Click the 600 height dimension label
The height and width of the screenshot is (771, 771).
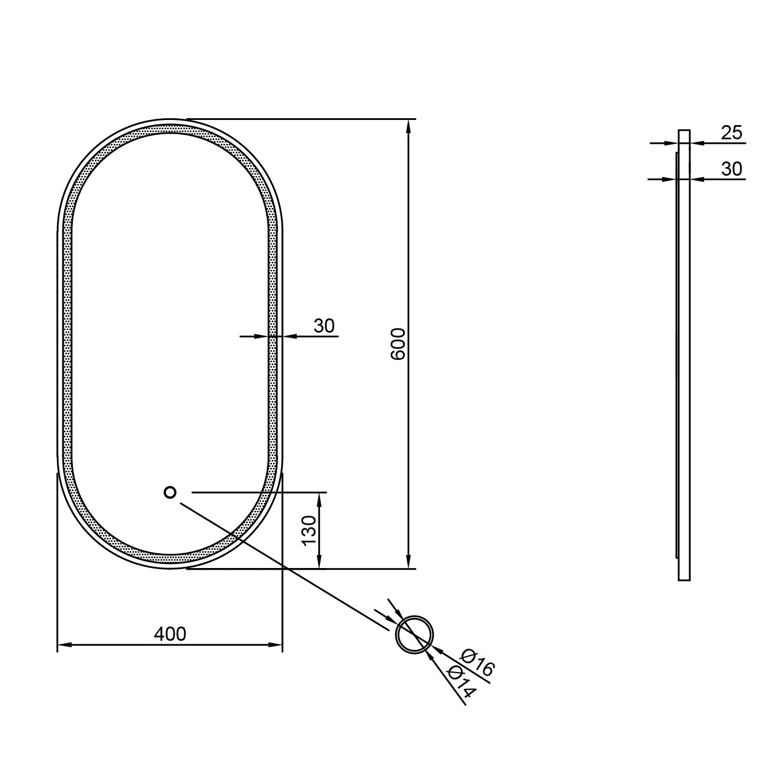pos(398,343)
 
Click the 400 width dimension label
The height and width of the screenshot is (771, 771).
pos(170,633)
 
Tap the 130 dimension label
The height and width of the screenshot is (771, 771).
pos(309,530)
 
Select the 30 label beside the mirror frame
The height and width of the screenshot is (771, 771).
pos(324,326)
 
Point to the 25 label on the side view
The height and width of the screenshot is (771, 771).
pos(732,132)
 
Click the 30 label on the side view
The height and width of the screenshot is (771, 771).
pos(732,169)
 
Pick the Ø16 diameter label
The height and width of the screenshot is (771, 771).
pos(478,662)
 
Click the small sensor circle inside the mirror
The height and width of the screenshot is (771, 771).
pos(170,492)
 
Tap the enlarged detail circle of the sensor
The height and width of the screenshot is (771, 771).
pos(415,634)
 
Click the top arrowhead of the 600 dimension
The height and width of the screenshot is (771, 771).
pos(408,126)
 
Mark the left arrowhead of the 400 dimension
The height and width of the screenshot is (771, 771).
pos(64,645)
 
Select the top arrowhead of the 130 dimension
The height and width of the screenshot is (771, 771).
pos(320,499)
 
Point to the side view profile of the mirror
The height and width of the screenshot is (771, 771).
pos(684,355)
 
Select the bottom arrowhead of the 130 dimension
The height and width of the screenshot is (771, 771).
pos(320,561)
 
